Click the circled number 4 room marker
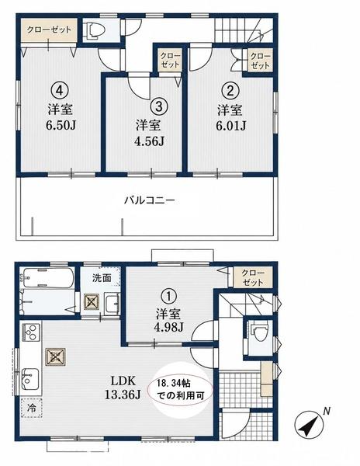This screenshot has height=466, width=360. point(60,90)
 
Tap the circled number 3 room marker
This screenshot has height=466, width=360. point(159,106)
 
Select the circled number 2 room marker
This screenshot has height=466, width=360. point(231,90)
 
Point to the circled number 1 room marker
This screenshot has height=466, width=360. point(168,297)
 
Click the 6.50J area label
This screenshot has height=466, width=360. point(61,125)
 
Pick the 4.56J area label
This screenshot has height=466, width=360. point(149,141)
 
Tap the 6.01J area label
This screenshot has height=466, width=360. point(230,126)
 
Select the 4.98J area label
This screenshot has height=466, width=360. point(168,327)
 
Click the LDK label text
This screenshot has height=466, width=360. point(123,381)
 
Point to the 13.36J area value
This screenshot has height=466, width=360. point(123,395)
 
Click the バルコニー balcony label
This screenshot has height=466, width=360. point(149,200)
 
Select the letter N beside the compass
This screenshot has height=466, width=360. point(327,412)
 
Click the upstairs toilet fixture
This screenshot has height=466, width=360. point(94,30)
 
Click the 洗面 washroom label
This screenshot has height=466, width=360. point(102,277)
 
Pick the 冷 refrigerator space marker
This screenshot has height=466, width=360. point(32,408)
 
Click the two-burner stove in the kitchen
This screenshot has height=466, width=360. point(30,332)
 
